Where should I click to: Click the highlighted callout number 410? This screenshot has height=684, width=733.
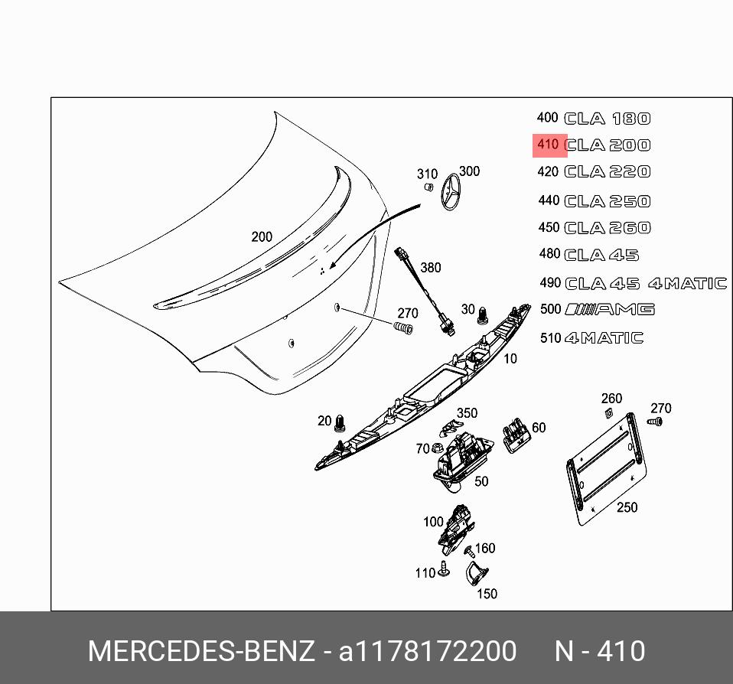pyautogui.click(x=548, y=145)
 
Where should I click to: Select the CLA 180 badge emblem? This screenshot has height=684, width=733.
pyautogui.click(x=608, y=119)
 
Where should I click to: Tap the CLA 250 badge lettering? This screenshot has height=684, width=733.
pyautogui.click(x=608, y=201)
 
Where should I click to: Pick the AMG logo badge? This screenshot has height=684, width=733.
pyautogui.click(x=610, y=309)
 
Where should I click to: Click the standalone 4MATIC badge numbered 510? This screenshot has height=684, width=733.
pyautogui.click(x=604, y=337)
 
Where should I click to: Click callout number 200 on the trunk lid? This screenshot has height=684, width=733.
pyautogui.click(x=262, y=237)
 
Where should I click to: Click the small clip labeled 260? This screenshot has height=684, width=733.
pyautogui.click(x=609, y=413)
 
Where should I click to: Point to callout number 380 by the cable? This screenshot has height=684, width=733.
pyautogui.click(x=431, y=268)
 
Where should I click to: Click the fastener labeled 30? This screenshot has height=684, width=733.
pyautogui.click(x=484, y=314)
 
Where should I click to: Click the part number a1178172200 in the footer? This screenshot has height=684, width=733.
pyautogui.click(x=428, y=652)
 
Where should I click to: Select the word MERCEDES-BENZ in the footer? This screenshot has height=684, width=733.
pyautogui.click(x=200, y=652)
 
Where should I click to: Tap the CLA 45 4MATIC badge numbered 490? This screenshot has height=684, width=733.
pyautogui.click(x=645, y=283)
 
